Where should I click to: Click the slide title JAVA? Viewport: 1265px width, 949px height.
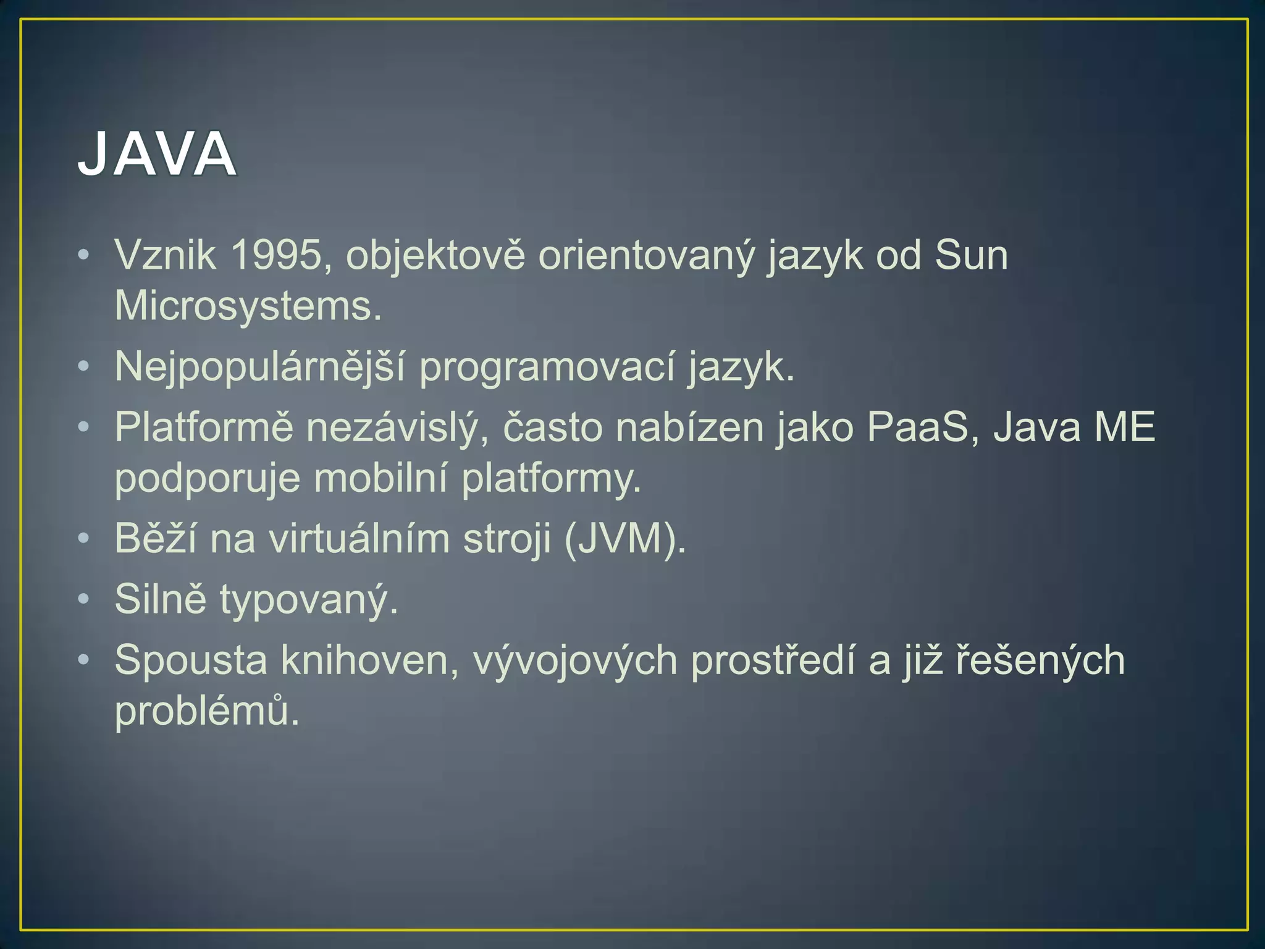coord(157,154)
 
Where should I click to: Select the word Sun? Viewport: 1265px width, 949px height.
coord(971,255)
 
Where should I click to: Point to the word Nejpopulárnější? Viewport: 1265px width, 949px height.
coord(259,367)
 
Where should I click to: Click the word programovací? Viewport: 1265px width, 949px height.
coord(547,367)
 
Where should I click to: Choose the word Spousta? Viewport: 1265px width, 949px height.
coord(191,660)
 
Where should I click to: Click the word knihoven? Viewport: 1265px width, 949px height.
coord(369,660)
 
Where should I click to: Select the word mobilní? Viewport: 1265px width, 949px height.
coord(380,478)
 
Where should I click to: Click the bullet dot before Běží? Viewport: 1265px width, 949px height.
coord(84,538)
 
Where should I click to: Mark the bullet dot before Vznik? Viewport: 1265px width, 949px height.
coord(84,254)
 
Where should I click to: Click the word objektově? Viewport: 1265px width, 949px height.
coord(435,255)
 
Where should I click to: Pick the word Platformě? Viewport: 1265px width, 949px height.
coord(204,427)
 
